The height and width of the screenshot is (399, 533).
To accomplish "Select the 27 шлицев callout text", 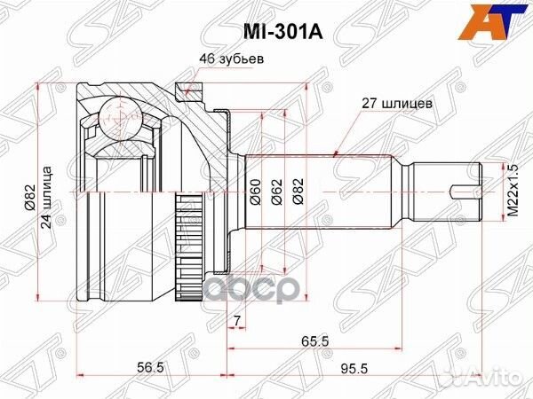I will (397, 103).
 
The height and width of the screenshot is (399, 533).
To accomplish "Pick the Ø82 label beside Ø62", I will (297, 192).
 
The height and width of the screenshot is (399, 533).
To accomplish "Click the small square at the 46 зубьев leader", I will (182, 88).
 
